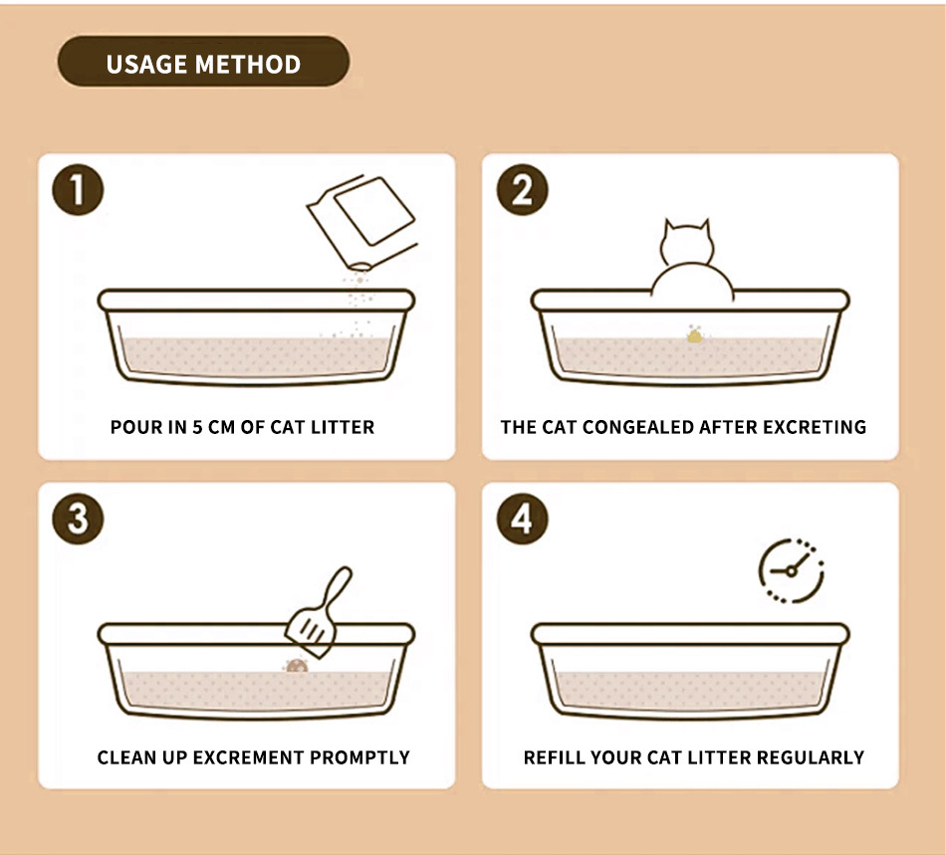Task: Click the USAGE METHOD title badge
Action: pos(203,62)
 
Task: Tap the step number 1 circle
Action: pos(78,190)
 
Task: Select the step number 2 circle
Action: pos(523,190)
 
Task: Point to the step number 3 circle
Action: pos(78,520)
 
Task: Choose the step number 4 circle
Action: pos(523,520)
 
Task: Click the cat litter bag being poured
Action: pos(362,222)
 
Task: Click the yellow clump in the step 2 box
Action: pos(695,334)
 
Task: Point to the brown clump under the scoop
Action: pos(297,666)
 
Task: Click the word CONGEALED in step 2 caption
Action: pos(638,427)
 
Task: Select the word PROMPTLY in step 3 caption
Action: pos(359,757)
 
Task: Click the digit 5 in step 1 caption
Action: pos(197,427)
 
